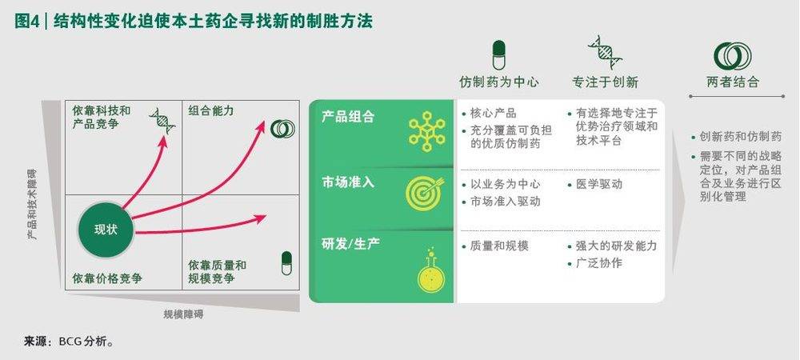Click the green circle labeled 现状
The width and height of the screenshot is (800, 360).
click(106, 230)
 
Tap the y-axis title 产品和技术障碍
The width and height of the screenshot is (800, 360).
click(32, 203)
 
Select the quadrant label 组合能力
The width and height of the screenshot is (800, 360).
click(210, 110)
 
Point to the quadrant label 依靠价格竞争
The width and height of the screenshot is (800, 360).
click(107, 279)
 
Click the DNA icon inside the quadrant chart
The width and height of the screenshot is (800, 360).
click(162, 121)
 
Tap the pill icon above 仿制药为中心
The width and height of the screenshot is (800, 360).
click(498, 55)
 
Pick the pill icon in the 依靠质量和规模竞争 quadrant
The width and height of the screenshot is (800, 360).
click(286, 263)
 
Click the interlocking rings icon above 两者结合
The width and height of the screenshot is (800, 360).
click(733, 56)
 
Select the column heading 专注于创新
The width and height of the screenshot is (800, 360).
click(605, 82)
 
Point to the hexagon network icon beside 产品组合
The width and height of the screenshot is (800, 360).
click(426, 131)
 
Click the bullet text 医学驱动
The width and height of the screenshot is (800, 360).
click(599, 184)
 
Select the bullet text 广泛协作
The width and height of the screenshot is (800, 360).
click(599, 264)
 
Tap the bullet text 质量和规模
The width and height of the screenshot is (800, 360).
click(499, 246)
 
